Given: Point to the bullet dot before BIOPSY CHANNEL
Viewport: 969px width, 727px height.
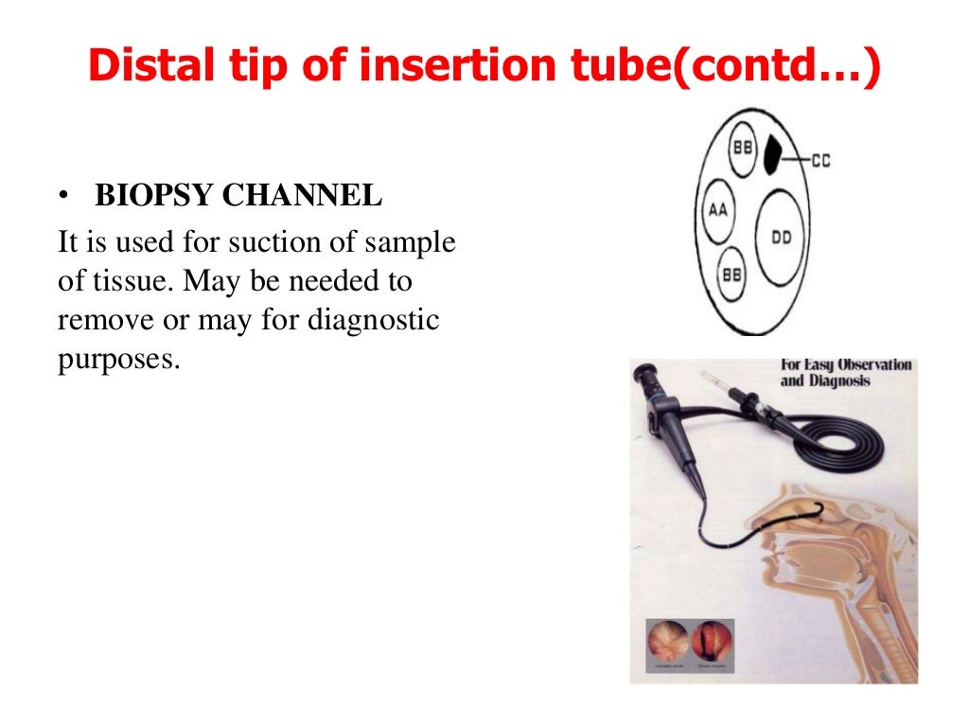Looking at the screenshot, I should tap(63, 197).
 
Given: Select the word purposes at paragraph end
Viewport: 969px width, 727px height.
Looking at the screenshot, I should tap(117, 361).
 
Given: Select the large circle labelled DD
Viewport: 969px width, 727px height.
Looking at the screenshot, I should tap(781, 238).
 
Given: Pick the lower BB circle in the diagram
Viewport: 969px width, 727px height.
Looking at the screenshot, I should tap(731, 273).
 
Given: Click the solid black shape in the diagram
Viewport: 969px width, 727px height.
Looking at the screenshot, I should tap(776, 153).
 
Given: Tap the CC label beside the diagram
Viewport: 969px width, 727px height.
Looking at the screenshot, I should tap(820, 162).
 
